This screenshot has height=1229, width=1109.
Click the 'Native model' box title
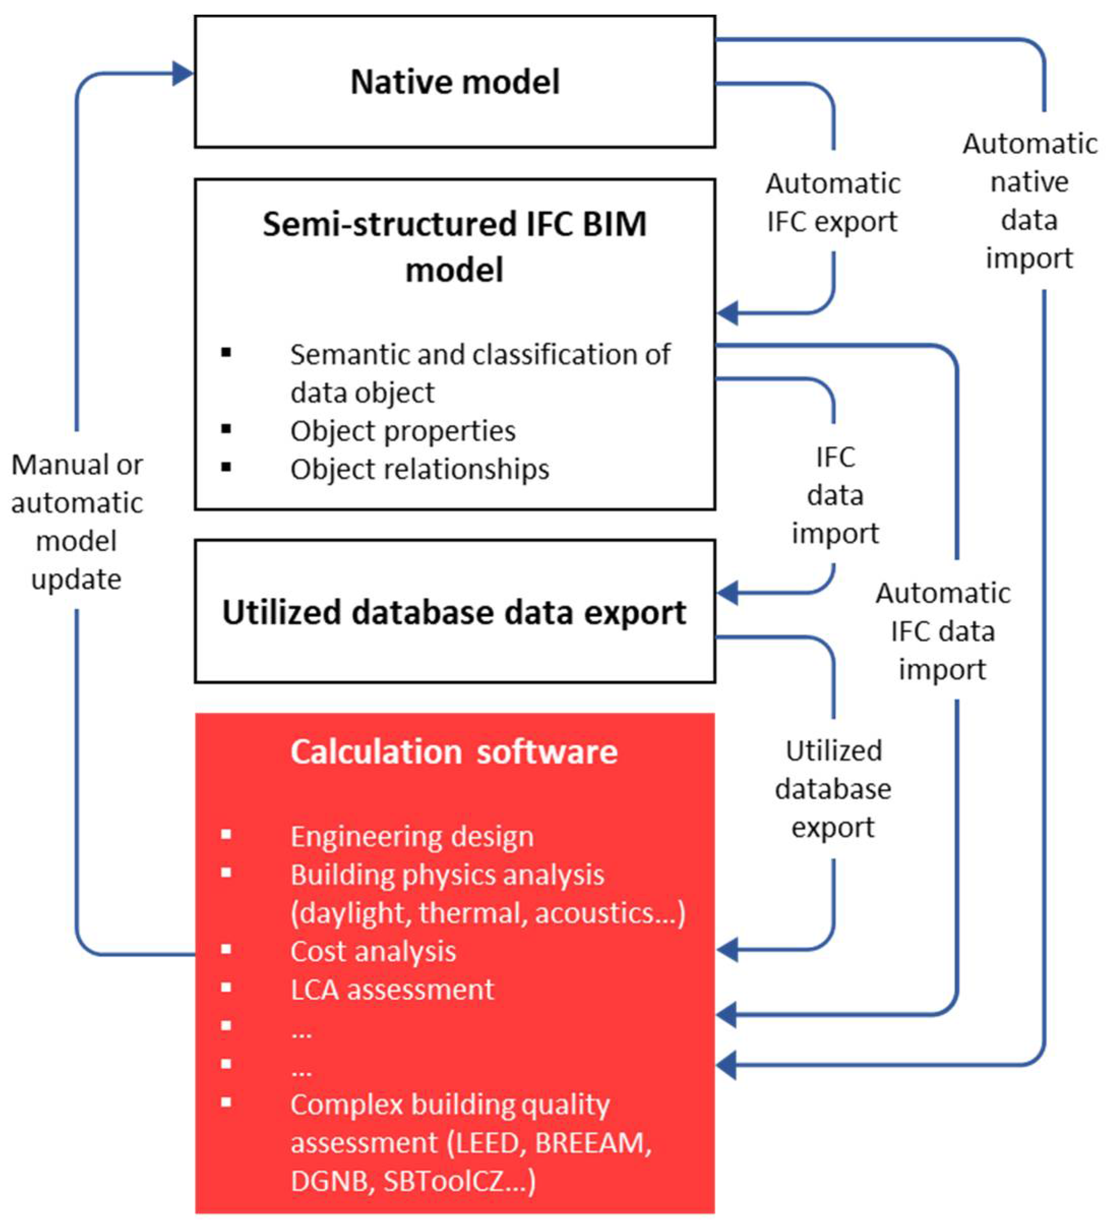point(454,82)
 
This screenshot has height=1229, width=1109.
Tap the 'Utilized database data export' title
point(454,612)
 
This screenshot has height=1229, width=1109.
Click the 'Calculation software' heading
point(454,751)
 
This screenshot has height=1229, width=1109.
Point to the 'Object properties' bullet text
point(403,431)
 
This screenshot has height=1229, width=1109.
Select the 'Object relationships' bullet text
point(419,469)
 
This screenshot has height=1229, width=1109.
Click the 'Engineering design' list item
point(412,836)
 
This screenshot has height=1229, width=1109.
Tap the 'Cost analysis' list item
point(373,951)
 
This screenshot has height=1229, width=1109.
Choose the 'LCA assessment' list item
point(392,990)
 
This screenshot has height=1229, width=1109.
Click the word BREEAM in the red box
point(589,1143)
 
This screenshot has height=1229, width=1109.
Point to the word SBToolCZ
point(451,1181)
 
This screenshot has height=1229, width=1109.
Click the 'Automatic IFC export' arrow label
point(833,202)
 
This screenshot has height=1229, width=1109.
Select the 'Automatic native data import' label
point(1029,201)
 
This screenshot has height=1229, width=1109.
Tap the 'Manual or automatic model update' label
point(77,521)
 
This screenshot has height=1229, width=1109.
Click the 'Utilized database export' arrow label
point(833,789)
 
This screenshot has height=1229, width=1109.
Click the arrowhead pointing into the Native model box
point(182,74)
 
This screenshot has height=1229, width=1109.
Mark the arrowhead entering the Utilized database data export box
point(727,592)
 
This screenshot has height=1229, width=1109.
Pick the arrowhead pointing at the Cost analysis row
point(727,949)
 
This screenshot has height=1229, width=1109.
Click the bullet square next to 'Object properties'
point(226,429)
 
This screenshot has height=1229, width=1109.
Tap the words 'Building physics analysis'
point(447,875)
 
